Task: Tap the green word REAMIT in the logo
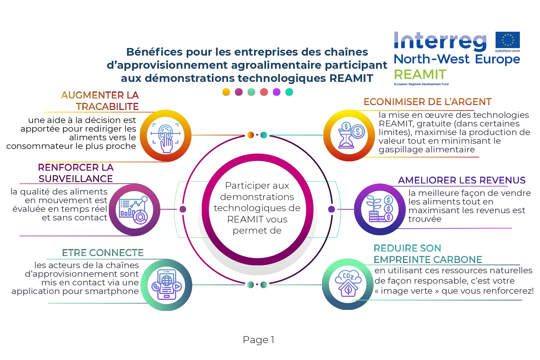420,74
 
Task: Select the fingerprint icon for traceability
166,136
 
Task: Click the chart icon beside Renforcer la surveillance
134,210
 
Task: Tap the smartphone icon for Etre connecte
167,285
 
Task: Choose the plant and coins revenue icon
380,209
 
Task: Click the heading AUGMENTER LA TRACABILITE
100,101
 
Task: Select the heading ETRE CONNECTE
103,253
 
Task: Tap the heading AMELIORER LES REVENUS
462,180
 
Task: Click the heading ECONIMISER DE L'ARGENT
427,102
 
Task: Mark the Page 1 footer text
258,340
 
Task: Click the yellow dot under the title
226,92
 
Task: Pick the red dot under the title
264,92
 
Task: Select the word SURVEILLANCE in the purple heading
76,179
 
